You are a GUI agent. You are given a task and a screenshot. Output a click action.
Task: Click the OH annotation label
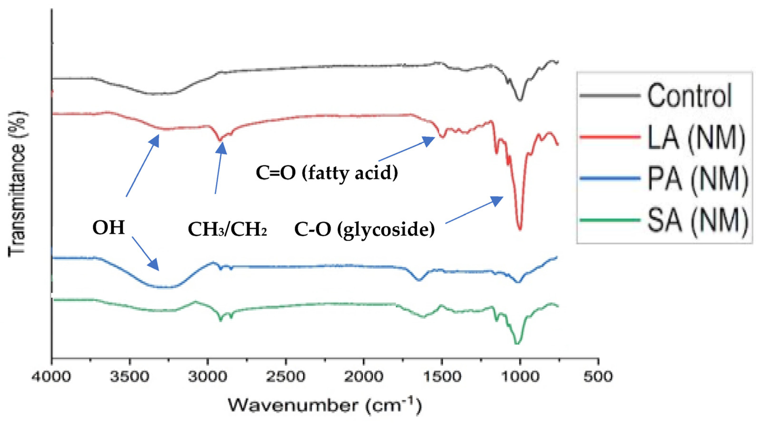click(109, 228)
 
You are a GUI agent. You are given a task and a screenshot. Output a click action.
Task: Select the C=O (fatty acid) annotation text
click(327, 173)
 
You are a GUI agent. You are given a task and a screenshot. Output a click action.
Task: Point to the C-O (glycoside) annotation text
click(365, 229)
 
